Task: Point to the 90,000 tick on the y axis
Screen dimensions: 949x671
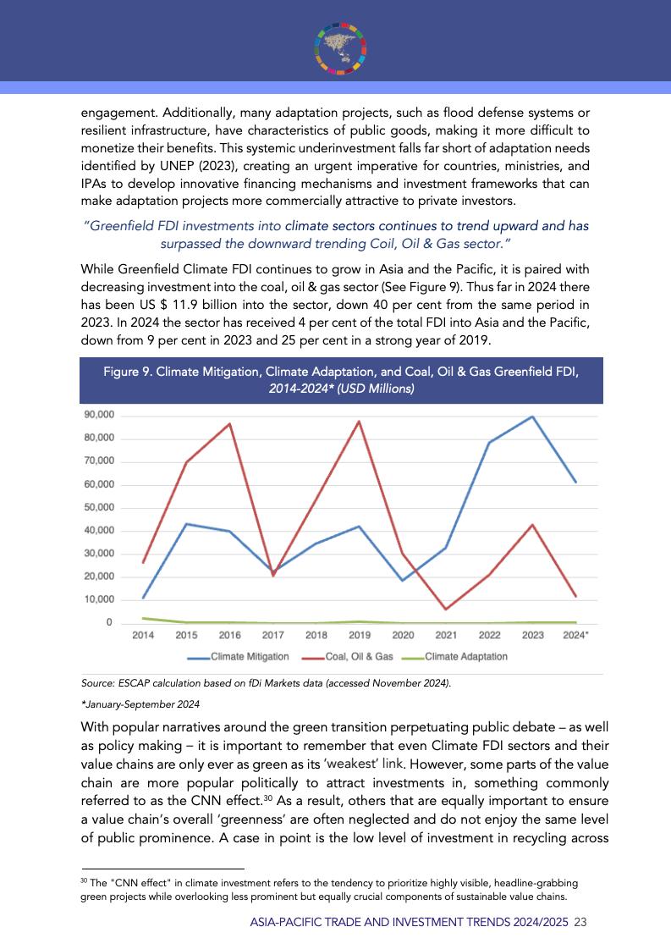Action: (99, 415)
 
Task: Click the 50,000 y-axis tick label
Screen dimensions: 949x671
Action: (99, 507)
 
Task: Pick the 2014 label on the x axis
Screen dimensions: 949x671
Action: (143, 635)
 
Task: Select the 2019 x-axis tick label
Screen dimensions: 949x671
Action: (360, 635)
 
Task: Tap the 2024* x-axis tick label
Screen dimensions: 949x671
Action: (576, 635)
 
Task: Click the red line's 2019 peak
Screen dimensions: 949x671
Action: (360, 422)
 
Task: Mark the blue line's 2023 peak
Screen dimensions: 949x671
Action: (532, 417)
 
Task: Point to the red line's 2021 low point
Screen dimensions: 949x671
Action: (446, 609)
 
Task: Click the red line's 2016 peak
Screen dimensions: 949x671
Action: (230, 423)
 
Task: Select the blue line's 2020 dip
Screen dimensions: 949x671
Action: (403, 580)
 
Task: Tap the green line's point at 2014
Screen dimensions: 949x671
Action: (143, 618)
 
